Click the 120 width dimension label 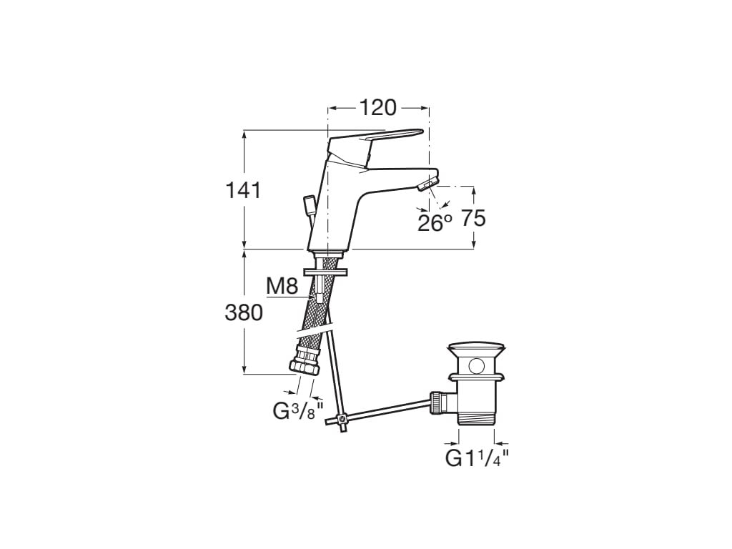[x=377, y=108]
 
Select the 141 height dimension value [x=244, y=191]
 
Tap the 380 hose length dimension [x=244, y=312]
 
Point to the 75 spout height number [x=473, y=219]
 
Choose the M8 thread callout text [x=282, y=287]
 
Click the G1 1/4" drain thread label [x=477, y=458]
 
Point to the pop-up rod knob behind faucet [x=309, y=206]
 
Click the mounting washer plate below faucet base [x=326, y=272]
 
